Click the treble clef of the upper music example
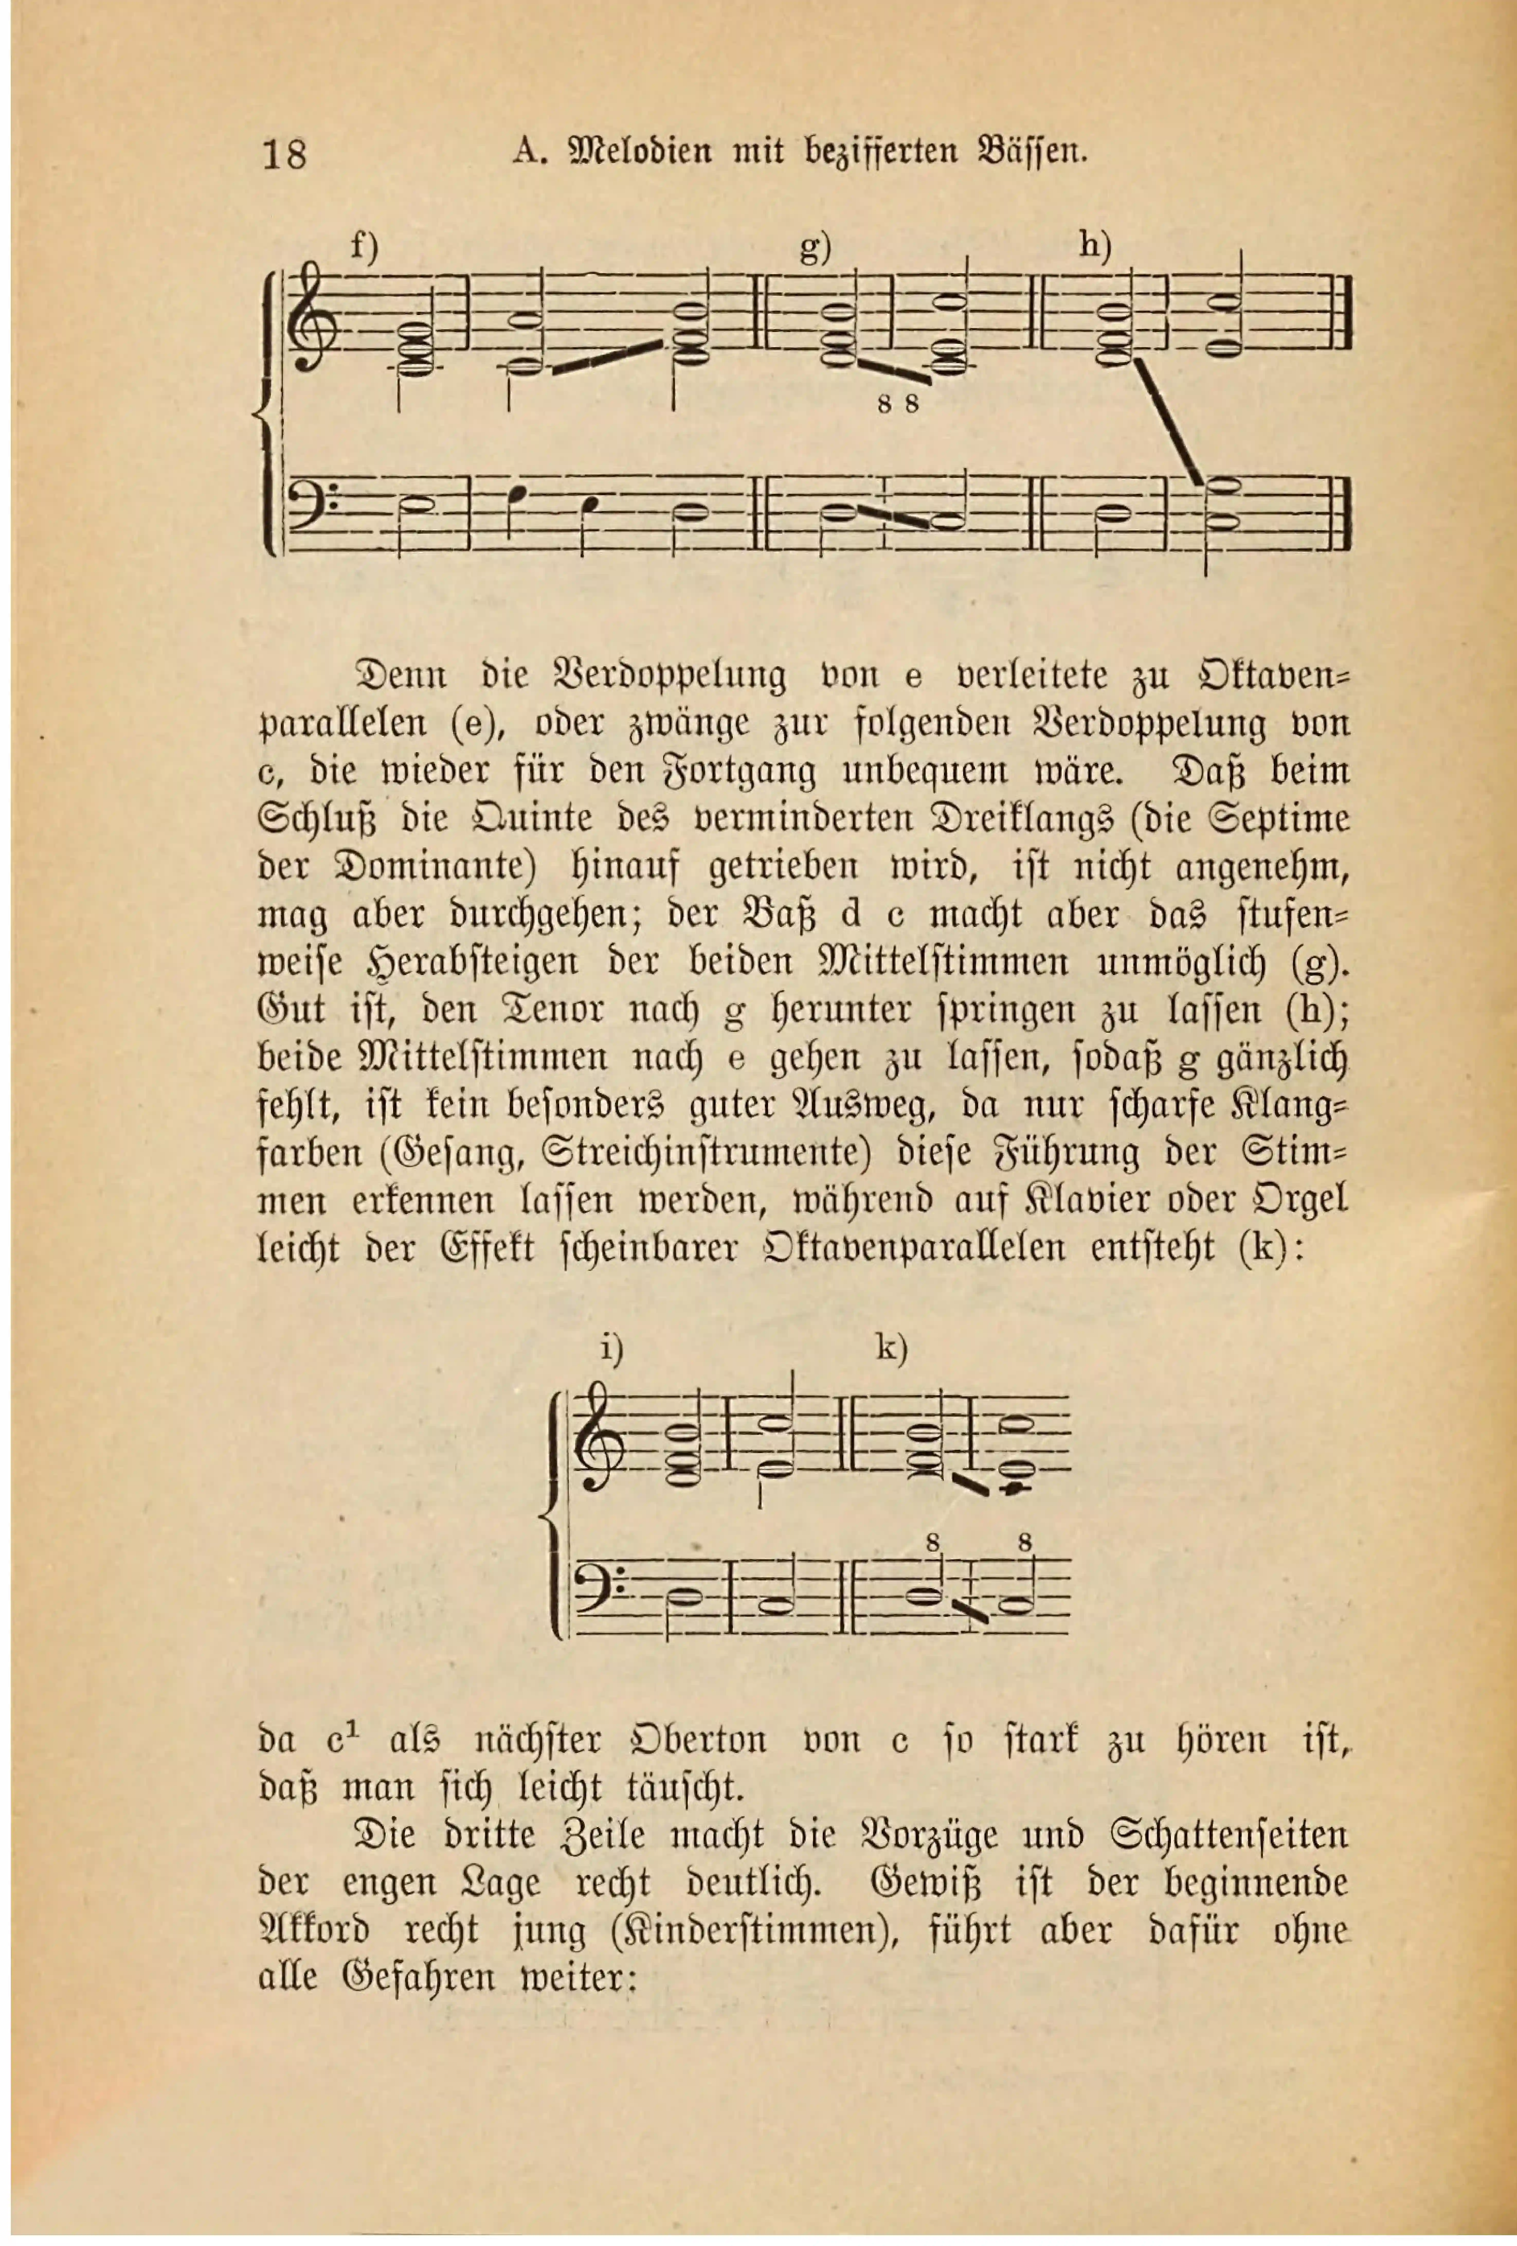coord(311,319)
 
